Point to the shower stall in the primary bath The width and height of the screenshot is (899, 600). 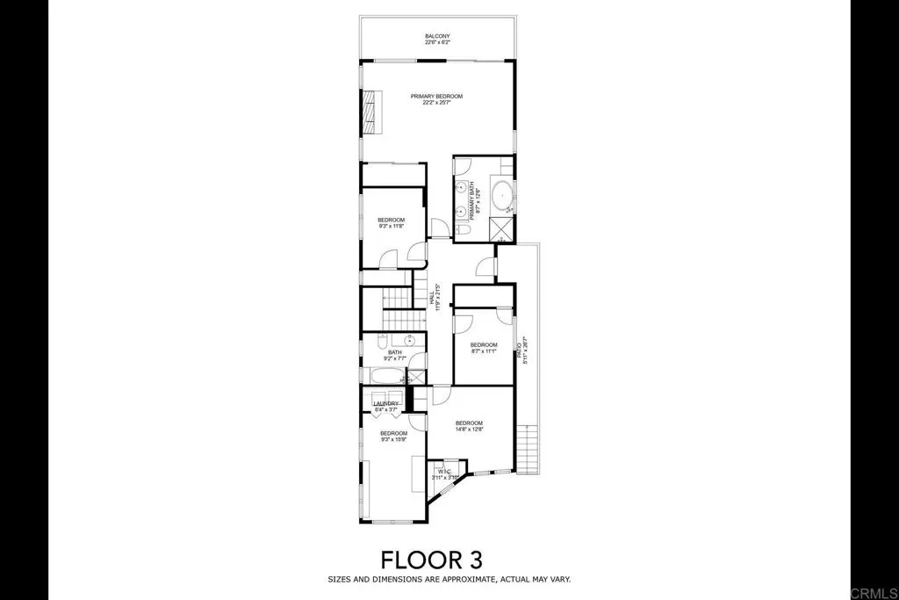[501, 229]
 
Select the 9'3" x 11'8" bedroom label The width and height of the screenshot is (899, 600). [391, 222]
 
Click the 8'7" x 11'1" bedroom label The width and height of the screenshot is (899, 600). [483, 347]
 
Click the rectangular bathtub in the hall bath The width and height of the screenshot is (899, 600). [386, 377]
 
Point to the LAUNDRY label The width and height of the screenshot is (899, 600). [386, 406]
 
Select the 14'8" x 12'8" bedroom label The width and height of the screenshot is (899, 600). [469, 426]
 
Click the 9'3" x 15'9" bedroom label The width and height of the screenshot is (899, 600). [393, 436]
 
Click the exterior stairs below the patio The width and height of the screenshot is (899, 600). [527, 448]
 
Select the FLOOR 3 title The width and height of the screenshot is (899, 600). [431, 560]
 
